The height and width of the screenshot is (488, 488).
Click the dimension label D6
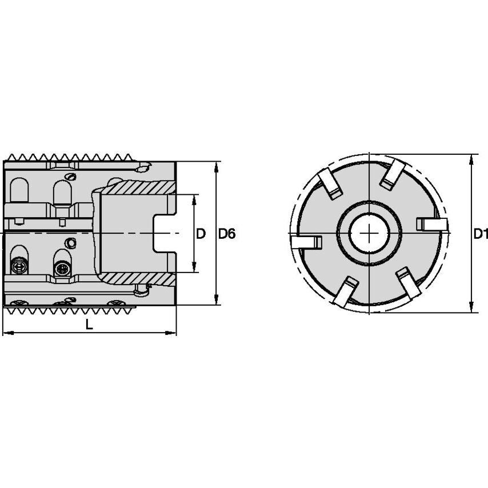[x=227, y=234]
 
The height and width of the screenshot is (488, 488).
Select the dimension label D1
[x=480, y=234]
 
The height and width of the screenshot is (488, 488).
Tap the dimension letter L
[x=89, y=324]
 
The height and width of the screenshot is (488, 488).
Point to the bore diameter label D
[x=201, y=234]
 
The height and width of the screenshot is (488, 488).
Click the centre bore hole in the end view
[x=369, y=233]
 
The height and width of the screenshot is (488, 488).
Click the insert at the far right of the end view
[x=431, y=224]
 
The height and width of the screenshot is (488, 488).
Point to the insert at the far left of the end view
[x=306, y=242]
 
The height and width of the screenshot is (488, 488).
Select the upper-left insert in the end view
[x=330, y=184]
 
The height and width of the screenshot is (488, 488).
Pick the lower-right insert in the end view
[x=409, y=282]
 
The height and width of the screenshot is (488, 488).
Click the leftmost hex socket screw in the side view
[x=19, y=266]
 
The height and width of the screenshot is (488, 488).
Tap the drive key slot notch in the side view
[x=163, y=233]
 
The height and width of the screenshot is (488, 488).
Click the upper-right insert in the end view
[x=393, y=174]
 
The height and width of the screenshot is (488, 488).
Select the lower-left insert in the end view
[x=345, y=291]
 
